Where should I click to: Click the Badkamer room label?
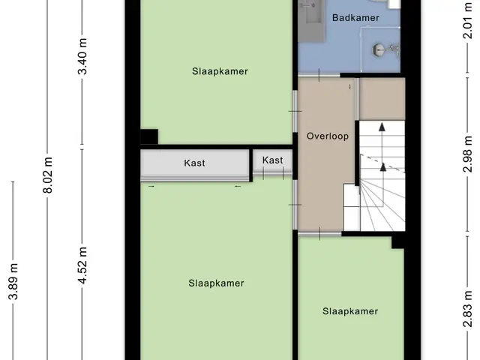tap(355, 18)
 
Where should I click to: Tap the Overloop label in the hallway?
tap(328, 136)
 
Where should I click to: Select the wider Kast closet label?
tap(194, 163)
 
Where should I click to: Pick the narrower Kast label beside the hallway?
tap(272, 160)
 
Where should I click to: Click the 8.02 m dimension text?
tap(48, 175)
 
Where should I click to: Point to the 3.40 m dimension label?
tap(82, 57)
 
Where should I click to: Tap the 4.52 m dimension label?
tap(82, 265)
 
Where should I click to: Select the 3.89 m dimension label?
tap(13, 281)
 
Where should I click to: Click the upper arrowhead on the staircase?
tap(382, 127)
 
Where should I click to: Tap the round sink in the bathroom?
tap(379, 50)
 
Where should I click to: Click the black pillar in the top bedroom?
tap(149, 136)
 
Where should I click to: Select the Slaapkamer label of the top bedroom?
tap(220, 71)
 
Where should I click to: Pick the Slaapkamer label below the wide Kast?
tap(216, 283)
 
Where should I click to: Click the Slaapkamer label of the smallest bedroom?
tap(350, 311)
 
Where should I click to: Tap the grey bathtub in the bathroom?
tap(312, 20)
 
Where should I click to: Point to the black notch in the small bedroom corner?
tap(398, 243)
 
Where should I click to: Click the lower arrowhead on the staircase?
tap(383, 166)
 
